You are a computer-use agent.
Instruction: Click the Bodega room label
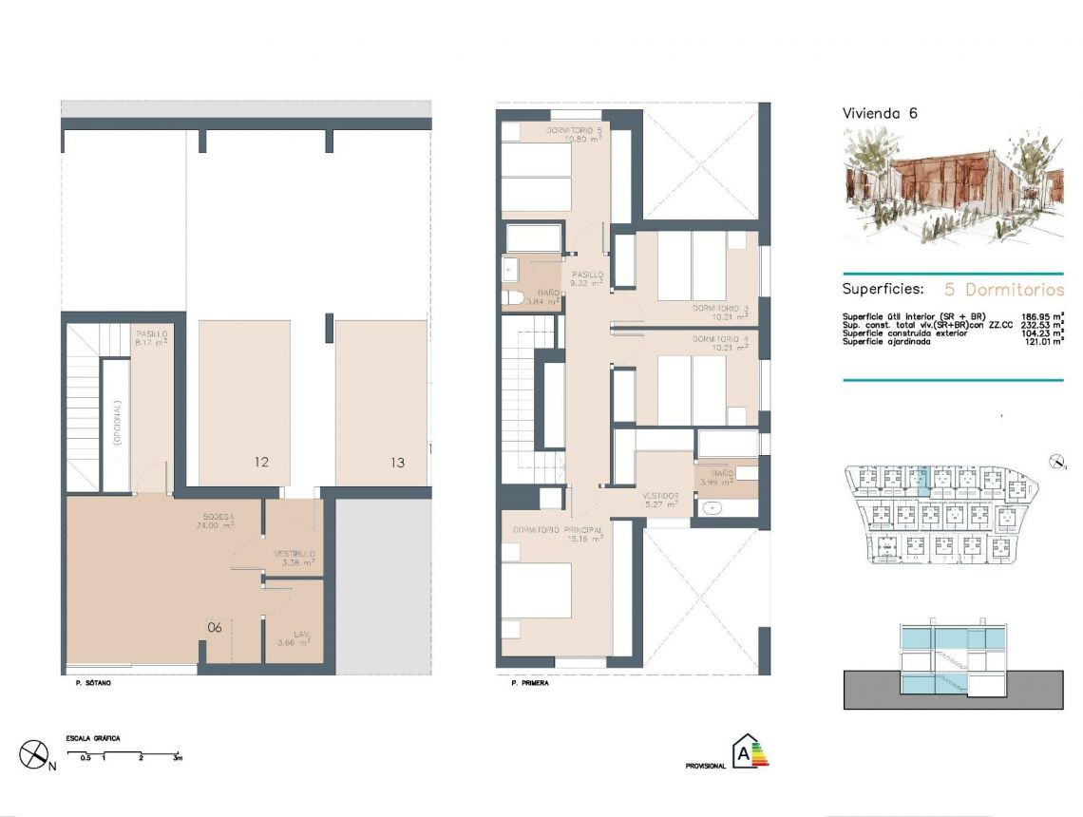tap(217, 517)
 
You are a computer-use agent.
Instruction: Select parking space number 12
tap(261, 463)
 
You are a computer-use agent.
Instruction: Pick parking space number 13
tap(397, 463)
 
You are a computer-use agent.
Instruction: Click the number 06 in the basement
tap(215, 627)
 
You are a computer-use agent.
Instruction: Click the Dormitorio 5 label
tap(575, 130)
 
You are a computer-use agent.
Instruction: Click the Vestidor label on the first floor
tap(660, 496)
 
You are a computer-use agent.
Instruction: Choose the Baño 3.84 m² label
tap(548, 292)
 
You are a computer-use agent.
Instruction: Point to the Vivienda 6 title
tap(880, 113)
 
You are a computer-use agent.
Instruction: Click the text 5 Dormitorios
tap(1003, 289)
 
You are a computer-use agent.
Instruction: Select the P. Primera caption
tap(529, 683)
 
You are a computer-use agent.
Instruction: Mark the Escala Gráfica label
tap(92, 737)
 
